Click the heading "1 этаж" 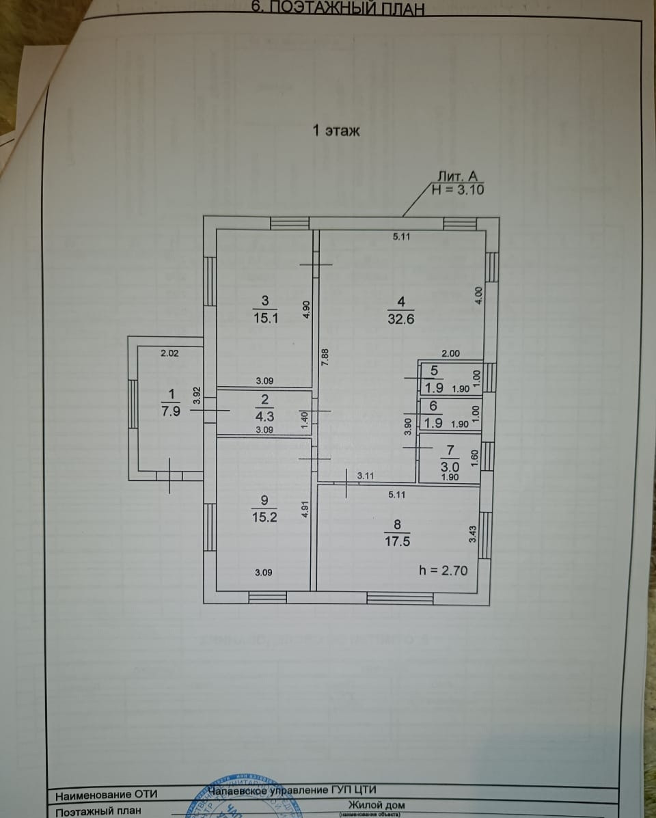pyautogui.click(x=336, y=131)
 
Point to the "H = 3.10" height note pyautogui.click(x=458, y=190)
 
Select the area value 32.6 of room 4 pyautogui.click(x=402, y=318)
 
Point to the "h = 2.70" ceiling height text pyautogui.click(x=443, y=569)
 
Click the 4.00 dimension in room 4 pyautogui.click(x=478, y=295)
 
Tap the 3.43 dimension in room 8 pyautogui.click(x=471, y=534)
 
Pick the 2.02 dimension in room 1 pyautogui.click(x=169, y=353)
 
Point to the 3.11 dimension pyautogui.click(x=366, y=476)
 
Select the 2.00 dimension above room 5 pyautogui.click(x=451, y=353)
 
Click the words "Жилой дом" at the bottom pyautogui.click(x=370, y=804)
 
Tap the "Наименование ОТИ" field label pyautogui.click(x=106, y=795)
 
